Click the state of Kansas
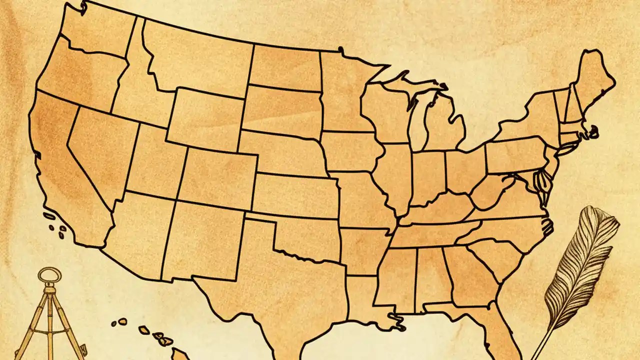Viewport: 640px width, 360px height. pyautogui.click(x=295, y=195)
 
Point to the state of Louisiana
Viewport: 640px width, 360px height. pyautogui.click(x=365, y=300)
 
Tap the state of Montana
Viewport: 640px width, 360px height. pyautogui.click(x=195, y=60)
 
